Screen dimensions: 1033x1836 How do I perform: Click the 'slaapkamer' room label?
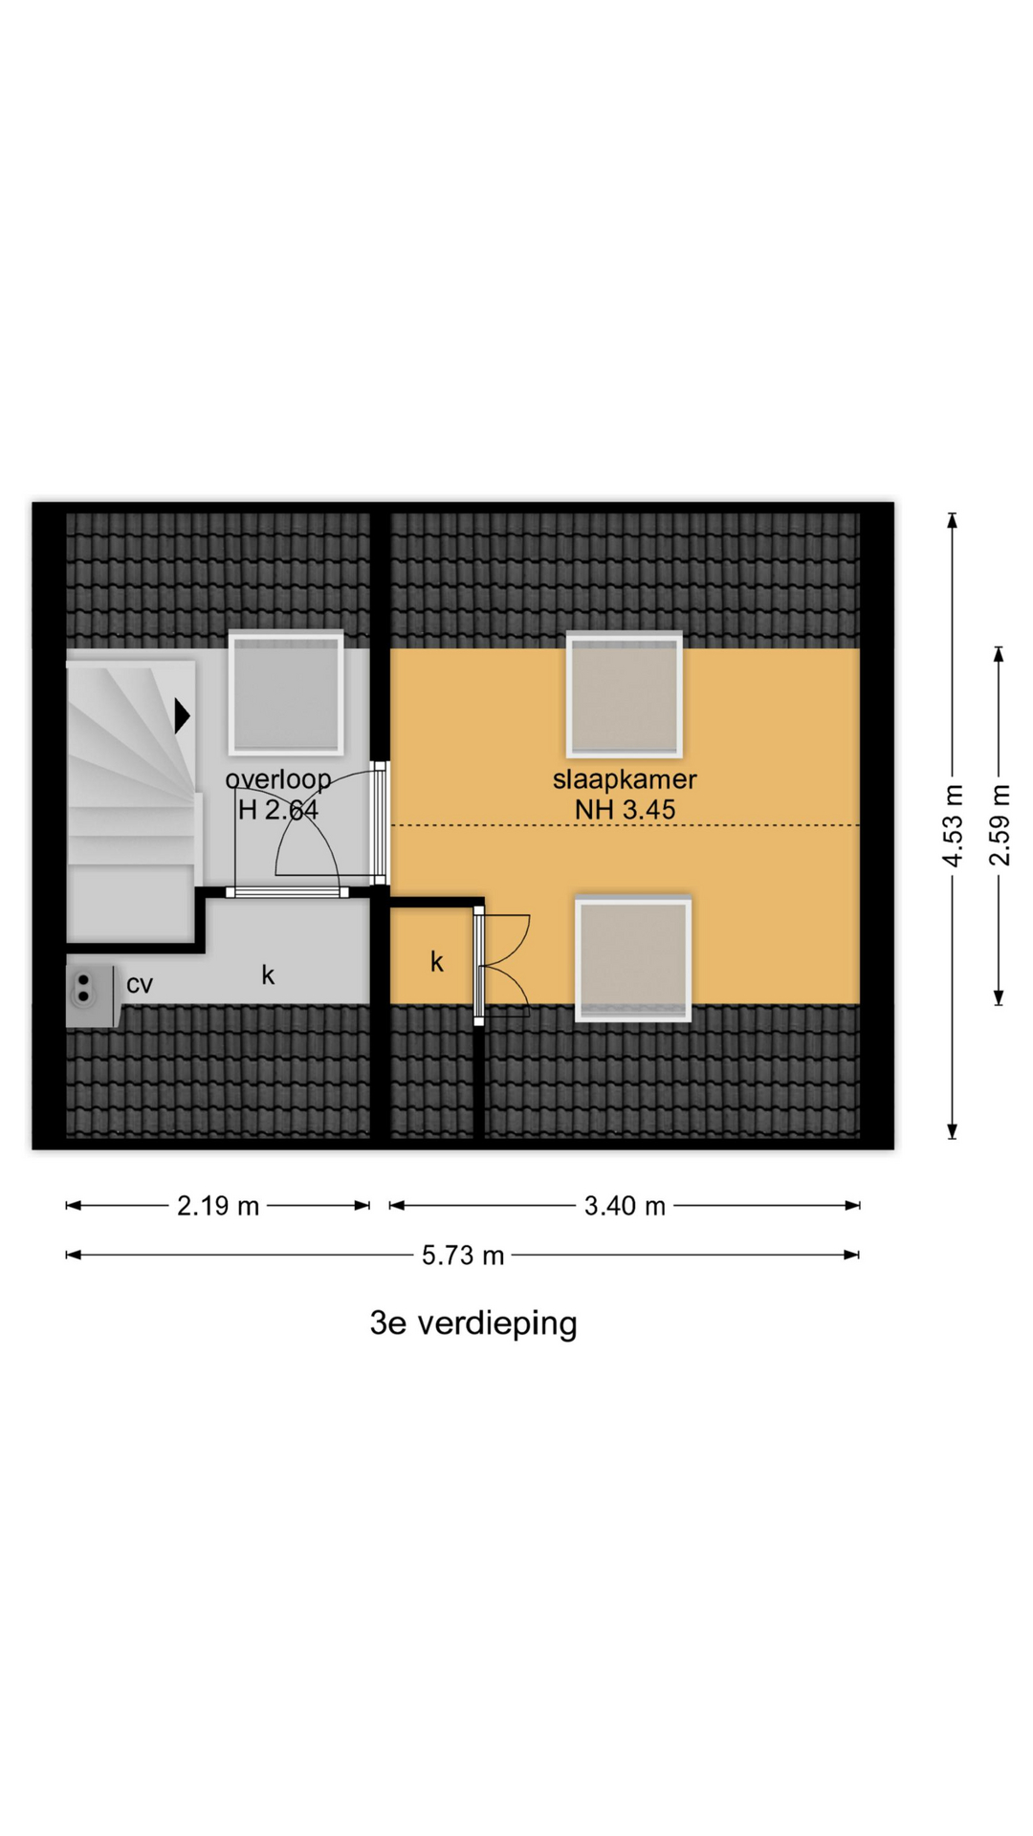(x=625, y=779)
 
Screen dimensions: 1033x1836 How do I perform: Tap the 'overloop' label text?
(x=278, y=780)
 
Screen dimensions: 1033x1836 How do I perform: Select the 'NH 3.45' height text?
(x=625, y=810)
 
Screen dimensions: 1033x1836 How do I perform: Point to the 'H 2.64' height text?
(x=278, y=811)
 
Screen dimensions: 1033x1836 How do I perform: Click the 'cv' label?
(x=140, y=984)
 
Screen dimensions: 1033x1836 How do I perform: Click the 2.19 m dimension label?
(x=218, y=1206)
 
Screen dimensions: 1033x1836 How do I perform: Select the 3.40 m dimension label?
(x=625, y=1206)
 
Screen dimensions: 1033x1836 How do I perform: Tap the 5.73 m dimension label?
(x=463, y=1256)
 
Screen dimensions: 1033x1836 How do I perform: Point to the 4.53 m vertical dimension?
(x=953, y=825)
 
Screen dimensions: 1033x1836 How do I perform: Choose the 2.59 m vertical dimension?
(x=1000, y=825)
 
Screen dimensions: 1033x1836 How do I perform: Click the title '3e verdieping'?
(x=473, y=1323)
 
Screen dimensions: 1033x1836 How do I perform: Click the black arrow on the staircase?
(x=182, y=715)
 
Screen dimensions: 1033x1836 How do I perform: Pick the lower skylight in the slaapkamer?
(x=632, y=958)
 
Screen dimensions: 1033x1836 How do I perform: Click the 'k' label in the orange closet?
(x=437, y=961)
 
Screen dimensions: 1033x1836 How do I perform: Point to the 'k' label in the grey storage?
(x=268, y=974)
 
